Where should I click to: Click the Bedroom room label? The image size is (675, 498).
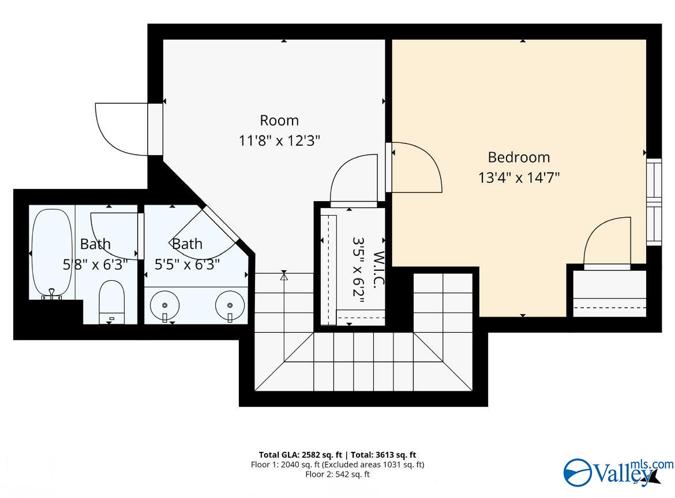point(519,157)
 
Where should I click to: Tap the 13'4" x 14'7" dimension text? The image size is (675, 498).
point(519,177)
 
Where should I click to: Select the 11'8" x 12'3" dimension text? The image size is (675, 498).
point(279,140)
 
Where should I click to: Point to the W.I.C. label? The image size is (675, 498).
point(378,269)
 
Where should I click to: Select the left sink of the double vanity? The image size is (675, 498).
point(164,305)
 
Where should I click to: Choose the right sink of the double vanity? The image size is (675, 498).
point(230,305)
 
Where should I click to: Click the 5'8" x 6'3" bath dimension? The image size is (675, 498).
point(95,264)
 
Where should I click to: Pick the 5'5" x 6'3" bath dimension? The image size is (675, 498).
point(187,264)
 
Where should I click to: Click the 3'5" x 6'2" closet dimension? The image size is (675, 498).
point(359,270)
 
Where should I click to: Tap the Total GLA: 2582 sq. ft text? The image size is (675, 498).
point(301,455)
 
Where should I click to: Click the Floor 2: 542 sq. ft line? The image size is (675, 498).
point(337,474)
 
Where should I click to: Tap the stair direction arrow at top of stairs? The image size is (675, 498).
point(284,276)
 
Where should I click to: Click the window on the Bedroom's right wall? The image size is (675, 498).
point(654,202)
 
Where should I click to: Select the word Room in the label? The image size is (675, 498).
point(279,120)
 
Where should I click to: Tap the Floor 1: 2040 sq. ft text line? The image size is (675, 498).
point(337,465)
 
